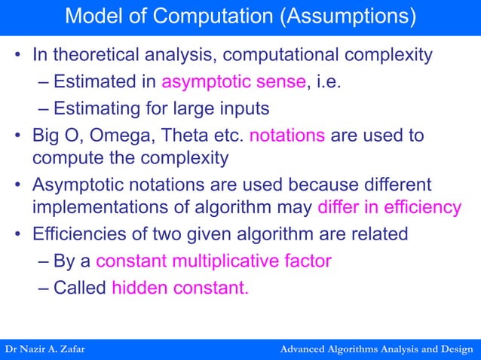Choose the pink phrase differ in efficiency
click(389, 207)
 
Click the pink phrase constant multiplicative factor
click(213, 261)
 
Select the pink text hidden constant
click(179, 288)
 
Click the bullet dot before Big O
click(17, 136)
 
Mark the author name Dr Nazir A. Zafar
click(46, 350)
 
